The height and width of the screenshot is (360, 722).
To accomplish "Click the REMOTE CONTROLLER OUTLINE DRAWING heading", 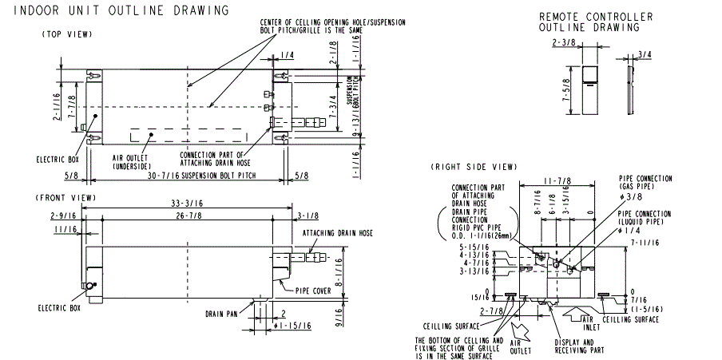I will tap(595, 22).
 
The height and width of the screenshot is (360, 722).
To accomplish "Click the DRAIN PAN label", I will tap(221, 314).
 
